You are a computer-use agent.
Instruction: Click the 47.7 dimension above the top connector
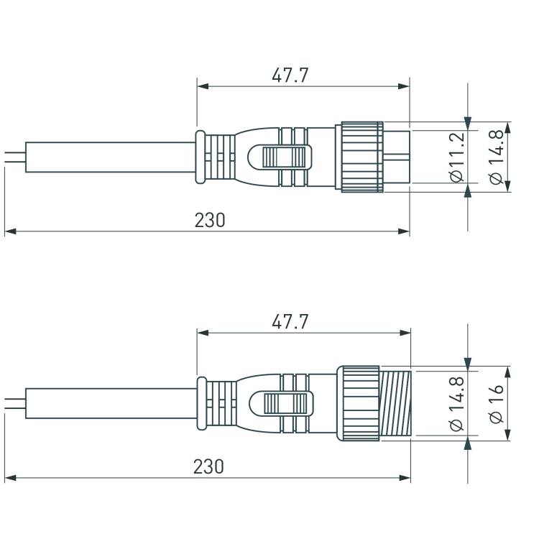click(290, 75)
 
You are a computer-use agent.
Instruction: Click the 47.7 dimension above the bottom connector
click(290, 322)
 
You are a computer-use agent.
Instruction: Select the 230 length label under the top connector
click(210, 221)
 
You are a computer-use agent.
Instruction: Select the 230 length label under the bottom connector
click(208, 466)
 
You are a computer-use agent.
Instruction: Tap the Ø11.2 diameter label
click(457, 157)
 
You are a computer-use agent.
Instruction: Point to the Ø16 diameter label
click(496, 403)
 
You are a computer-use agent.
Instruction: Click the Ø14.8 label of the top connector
click(496, 157)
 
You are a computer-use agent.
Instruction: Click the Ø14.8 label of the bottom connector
click(457, 403)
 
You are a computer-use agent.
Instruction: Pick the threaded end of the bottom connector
click(395, 403)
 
